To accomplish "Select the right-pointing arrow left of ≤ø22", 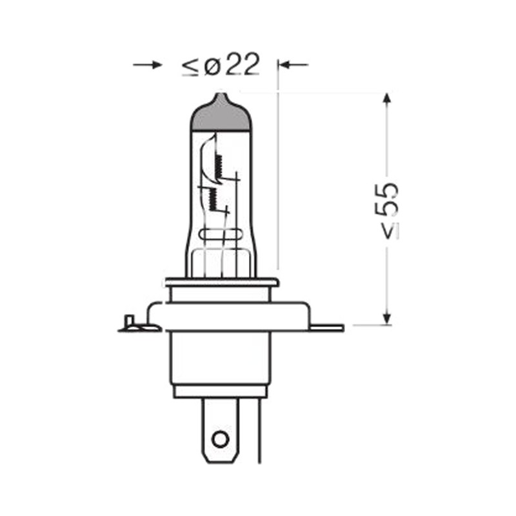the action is (148, 64).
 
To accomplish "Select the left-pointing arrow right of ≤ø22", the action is (293, 65).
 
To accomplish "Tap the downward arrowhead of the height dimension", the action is (387, 317).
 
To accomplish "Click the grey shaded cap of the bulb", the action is (221, 114).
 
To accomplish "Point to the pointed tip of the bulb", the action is (221, 94).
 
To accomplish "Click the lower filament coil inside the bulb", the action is (212, 200).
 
